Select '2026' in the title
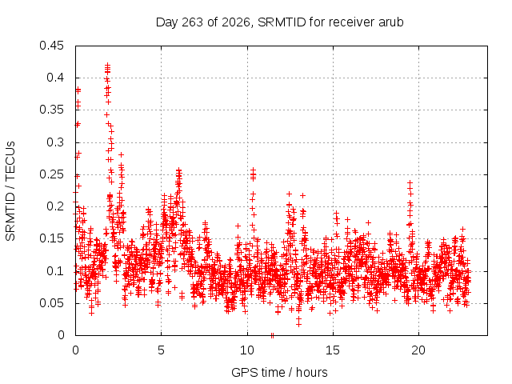pyautogui.click(x=236, y=22)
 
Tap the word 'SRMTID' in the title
pyautogui.click(x=282, y=22)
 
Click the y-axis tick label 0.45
pyautogui.click(x=51, y=46)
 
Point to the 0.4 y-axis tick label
pyautogui.click(x=55, y=78)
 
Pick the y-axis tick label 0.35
pyautogui.click(x=51, y=110)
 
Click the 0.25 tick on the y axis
pyautogui.click(x=51, y=174)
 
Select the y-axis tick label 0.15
pyautogui.click(x=51, y=238)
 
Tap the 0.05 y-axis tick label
pyautogui.click(x=51, y=303)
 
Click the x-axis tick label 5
pyautogui.click(x=162, y=350)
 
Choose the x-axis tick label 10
pyautogui.click(x=247, y=350)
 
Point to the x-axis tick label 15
pyautogui.click(x=333, y=350)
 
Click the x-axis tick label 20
pyautogui.click(x=418, y=350)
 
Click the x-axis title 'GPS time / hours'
pyautogui.click(x=279, y=373)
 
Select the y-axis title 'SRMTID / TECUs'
pyautogui.click(x=10, y=191)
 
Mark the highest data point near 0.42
pyautogui.click(x=108, y=66)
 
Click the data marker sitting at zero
pyautogui.click(x=272, y=335)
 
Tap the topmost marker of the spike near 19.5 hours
pyautogui.click(x=410, y=183)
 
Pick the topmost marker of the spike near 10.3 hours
pyautogui.click(x=253, y=170)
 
